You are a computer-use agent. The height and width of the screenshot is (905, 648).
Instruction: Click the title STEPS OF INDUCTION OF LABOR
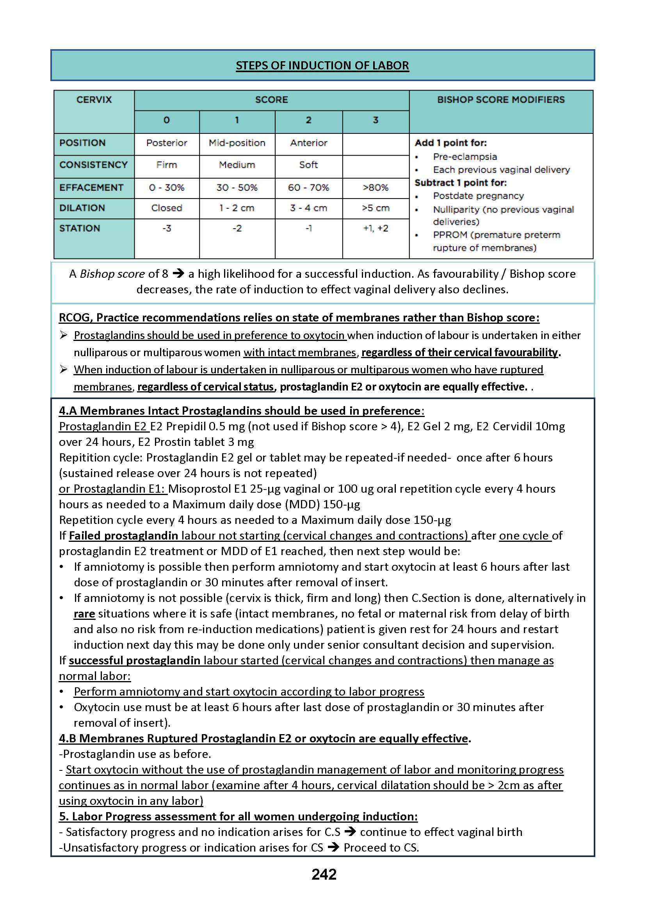[322, 66]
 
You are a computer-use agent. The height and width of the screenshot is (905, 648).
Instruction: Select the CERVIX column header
[94, 100]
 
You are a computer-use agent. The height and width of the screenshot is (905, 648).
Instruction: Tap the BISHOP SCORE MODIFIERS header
[501, 100]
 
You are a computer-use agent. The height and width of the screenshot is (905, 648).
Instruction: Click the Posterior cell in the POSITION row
[166, 143]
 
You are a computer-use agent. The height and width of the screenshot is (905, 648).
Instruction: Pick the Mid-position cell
[237, 143]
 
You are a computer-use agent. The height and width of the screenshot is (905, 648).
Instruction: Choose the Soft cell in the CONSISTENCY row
[308, 165]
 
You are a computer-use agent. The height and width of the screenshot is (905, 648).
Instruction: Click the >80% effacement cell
[376, 188]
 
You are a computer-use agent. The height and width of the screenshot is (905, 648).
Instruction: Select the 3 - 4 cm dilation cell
[308, 208]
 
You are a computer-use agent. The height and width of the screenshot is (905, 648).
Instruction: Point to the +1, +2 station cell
[376, 229]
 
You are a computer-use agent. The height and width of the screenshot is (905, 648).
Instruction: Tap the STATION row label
[80, 229]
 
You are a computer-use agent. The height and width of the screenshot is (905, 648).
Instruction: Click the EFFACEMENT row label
[91, 188]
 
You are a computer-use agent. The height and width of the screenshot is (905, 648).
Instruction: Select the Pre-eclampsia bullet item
[465, 157]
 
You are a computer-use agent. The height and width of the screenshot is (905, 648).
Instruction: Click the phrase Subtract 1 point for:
[461, 183]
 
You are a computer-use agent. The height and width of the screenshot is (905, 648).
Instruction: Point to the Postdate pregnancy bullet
[479, 196]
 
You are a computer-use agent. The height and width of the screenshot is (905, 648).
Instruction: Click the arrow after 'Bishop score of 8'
[178, 273]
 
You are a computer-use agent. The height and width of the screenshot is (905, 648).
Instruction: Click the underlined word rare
[84, 614]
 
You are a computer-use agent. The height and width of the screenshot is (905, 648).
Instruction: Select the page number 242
[324, 874]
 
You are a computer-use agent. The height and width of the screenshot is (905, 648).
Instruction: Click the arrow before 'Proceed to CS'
[333, 847]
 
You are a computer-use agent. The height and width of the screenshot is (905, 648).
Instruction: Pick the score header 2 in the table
[308, 120]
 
